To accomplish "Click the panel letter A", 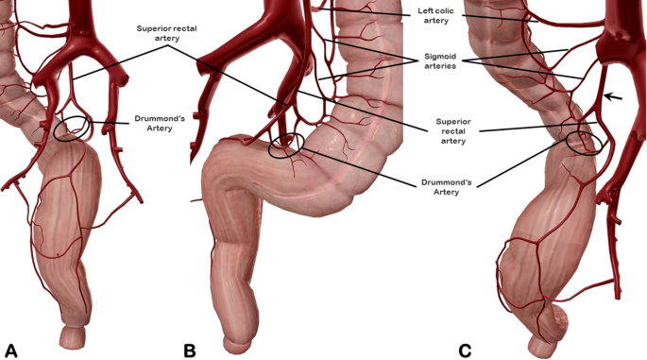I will click(12, 350).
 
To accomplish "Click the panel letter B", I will click(189, 350).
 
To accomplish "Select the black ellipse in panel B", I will click(286, 145).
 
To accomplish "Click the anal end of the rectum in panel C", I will click(543, 346).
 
